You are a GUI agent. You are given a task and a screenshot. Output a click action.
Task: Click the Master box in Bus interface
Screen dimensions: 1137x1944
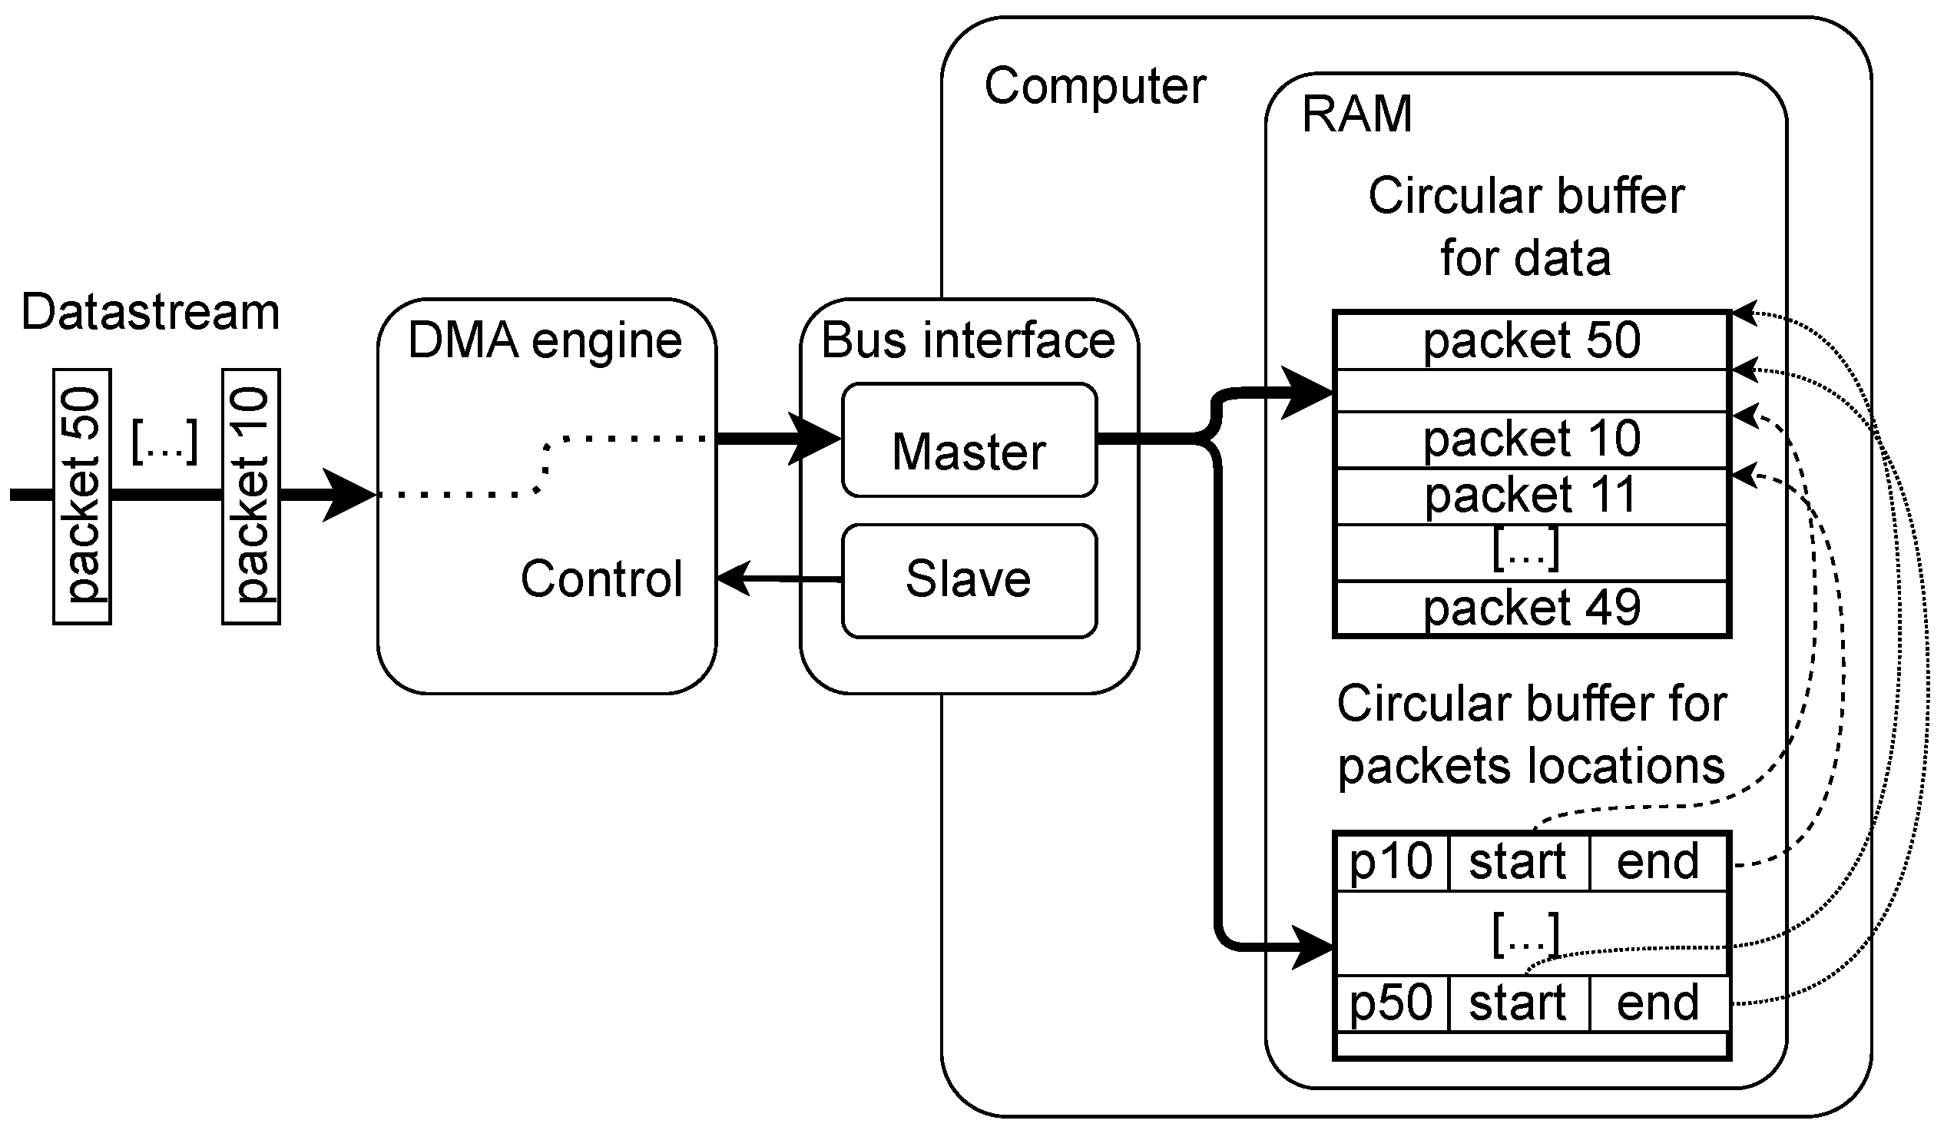969,440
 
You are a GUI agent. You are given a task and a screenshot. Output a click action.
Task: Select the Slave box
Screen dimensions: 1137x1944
969,581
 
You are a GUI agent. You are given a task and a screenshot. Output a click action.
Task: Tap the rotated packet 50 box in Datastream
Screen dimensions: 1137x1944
81,496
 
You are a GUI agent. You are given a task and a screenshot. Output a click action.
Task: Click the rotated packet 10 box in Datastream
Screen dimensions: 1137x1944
250,496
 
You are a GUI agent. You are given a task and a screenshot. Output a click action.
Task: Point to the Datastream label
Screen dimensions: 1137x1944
151,313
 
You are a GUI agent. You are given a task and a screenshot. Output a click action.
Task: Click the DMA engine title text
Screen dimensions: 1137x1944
545,340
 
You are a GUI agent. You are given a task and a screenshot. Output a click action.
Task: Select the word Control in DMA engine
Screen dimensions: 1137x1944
601,578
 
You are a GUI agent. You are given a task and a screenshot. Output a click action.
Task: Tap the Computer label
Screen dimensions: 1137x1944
1095,85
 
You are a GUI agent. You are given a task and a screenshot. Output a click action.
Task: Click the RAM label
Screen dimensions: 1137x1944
1356,114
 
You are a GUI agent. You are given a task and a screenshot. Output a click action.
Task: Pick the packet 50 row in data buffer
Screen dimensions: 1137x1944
1531,341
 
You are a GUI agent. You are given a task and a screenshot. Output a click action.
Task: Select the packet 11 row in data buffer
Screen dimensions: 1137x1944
1531,496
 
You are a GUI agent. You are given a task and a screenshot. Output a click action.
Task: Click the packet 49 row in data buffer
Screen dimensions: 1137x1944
1531,608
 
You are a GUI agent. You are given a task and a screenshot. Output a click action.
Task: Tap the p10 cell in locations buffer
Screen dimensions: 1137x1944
1391,862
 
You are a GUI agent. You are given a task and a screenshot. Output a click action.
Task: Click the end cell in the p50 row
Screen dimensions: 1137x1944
1658,1003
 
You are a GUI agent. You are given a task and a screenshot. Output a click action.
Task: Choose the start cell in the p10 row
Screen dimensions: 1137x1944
1517,862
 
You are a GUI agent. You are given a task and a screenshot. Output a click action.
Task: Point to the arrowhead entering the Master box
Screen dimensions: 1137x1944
816,439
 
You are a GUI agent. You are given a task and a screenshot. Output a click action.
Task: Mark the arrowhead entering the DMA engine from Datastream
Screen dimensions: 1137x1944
349,495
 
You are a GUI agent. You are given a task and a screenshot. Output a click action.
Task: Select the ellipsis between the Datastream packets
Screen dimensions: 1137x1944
165,441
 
